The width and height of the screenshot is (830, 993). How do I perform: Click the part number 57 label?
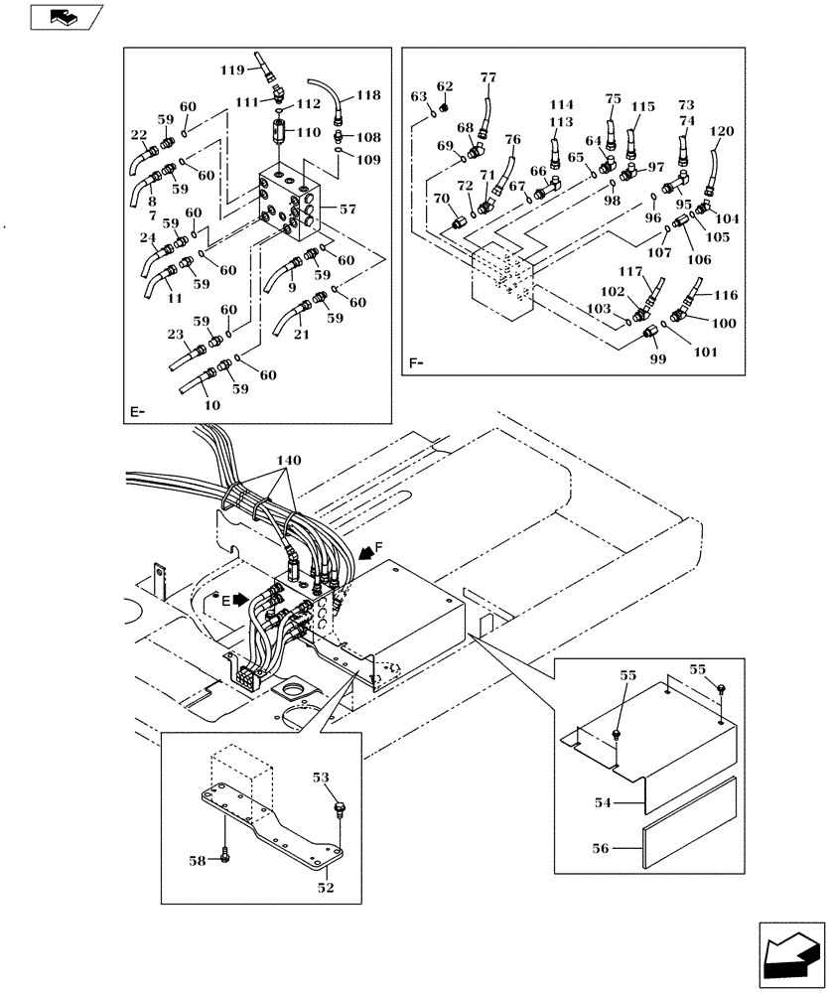coord(347,210)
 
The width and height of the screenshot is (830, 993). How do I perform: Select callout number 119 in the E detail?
coord(232,70)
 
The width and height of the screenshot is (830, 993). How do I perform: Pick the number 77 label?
coord(487,78)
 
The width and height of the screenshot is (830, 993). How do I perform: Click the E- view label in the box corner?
coord(137,410)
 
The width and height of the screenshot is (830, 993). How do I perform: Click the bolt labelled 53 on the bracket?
coord(341,809)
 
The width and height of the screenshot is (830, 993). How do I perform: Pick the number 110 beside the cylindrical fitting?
coord(310,131)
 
